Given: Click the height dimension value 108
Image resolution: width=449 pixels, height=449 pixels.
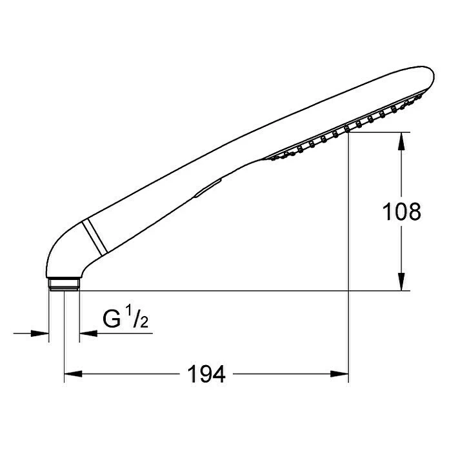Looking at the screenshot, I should (401, 212).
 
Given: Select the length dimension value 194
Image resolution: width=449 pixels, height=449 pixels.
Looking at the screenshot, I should (206, 374).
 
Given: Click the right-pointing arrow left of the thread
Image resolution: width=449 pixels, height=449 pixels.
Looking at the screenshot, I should (42, 334).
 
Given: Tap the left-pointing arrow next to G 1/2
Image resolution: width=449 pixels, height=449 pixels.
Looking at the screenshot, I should (87, 334).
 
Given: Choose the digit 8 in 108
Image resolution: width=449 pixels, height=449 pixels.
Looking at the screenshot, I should (414, 212).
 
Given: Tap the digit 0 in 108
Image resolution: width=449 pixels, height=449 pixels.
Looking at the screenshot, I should (401, 212).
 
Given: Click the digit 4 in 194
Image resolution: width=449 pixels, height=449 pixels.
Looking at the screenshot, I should (219, 374).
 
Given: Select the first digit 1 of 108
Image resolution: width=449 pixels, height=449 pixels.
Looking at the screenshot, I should (388, 212).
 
